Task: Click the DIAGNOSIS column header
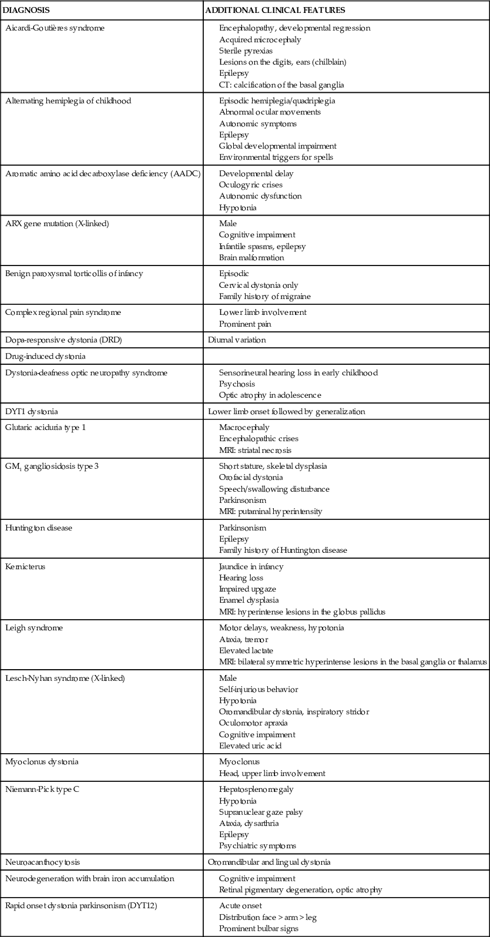[x=26, y=10]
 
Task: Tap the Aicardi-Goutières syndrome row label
[x=55, y=28]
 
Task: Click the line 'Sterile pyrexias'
[x=246, y=51]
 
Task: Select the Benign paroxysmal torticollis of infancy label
[x=74, y=274]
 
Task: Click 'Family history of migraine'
[x=264, y=296]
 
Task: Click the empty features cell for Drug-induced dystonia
[x=346, y=356]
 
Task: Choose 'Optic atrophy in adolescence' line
[x=270, y=395]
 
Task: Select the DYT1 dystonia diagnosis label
[x=32, y=411]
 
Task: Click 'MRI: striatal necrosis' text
[x=255, y=450]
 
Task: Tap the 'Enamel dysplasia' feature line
[x=249, y=600]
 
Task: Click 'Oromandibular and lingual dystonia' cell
[x=269, y=862]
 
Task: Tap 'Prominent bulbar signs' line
[x=258, y=929]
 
